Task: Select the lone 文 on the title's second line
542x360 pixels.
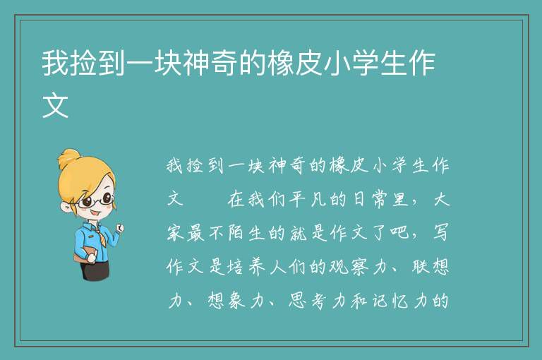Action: pyautogui.click(x=55, y=105)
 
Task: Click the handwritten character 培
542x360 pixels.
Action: pyautogui.click(x=236, y=267)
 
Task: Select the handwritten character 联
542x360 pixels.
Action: pyautogui.click(x=421, y=267)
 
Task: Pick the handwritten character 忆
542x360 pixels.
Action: pyautogui.click(x=402, y=301)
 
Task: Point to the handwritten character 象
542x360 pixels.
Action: pyautogui.click(x=237, y=301)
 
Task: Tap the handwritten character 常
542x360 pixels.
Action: pyautogui.click(x=380, y=200)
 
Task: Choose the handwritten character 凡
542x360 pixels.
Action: pyautogui.click(x=319, y=200)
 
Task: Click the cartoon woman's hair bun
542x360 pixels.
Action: pyautogui.click(x=68, y=159)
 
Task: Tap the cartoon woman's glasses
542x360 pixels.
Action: pyautogui.click(x=94, y=200)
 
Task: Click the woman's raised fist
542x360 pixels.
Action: pyautogui.click(x=119, y=227)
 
